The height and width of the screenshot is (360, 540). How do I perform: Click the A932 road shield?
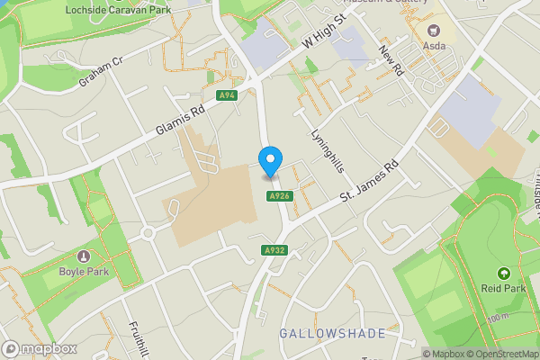tap(275, 250)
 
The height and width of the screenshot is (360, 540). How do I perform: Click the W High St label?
tap(325, 32)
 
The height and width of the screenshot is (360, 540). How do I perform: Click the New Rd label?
tap(389, 60)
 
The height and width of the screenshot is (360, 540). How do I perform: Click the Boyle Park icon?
tap(85, 257)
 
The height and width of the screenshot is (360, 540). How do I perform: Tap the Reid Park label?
tap(503, 289)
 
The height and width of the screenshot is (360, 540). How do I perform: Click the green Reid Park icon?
tap(503, 274)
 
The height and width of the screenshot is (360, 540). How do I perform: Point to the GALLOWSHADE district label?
tap(332, 334)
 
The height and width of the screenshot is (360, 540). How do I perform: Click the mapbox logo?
tap(40, 349)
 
